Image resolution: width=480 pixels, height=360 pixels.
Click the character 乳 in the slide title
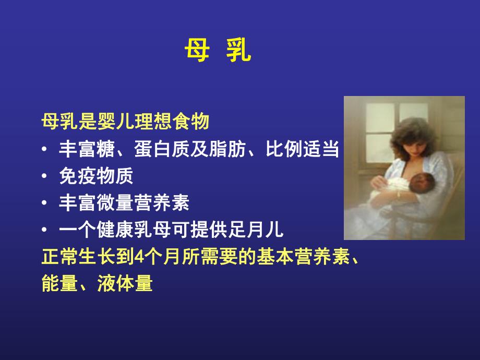point(238,52)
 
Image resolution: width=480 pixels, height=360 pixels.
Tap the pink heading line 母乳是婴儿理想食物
point(125,122)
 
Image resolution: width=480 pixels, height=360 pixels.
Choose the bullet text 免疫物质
point(96,176)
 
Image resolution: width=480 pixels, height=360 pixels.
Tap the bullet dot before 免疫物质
point(46,176)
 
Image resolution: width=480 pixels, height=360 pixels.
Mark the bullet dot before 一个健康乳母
point(46,231)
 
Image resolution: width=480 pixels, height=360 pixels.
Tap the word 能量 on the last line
point(55,284)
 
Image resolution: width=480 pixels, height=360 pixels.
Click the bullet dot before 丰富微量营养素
point(46,203)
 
